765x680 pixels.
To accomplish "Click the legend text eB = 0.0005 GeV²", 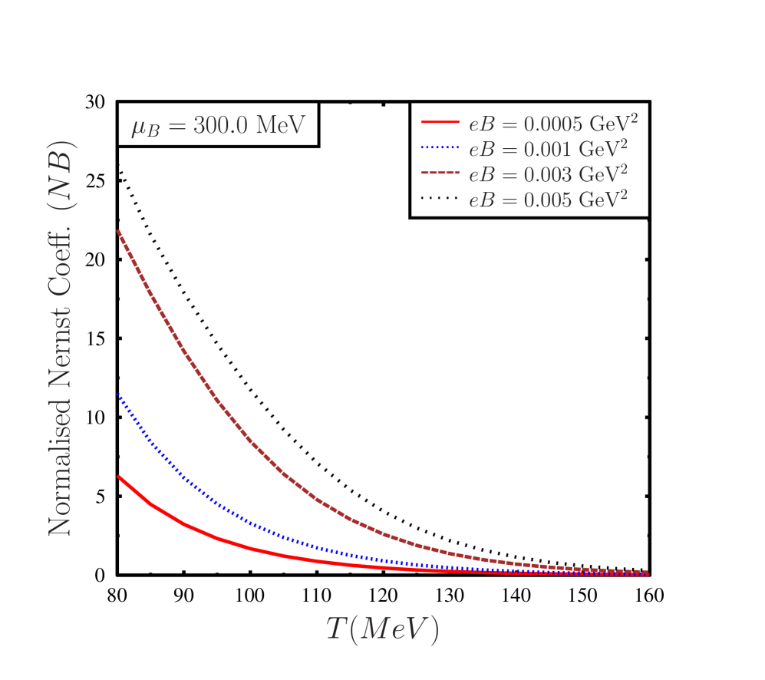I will (553, 124).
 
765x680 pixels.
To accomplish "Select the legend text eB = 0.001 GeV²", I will (549, 148).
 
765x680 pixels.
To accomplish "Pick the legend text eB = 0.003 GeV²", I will (549, 173).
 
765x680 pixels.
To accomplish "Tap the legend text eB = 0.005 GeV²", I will (549, 199).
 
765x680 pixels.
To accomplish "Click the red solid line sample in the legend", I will (440, 123).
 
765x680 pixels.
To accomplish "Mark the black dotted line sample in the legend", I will (440, 199).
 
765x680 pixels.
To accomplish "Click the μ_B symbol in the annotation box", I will (144, 127).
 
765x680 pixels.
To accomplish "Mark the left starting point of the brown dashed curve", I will (118, 230).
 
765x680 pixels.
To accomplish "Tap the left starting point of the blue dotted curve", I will (118, 394).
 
